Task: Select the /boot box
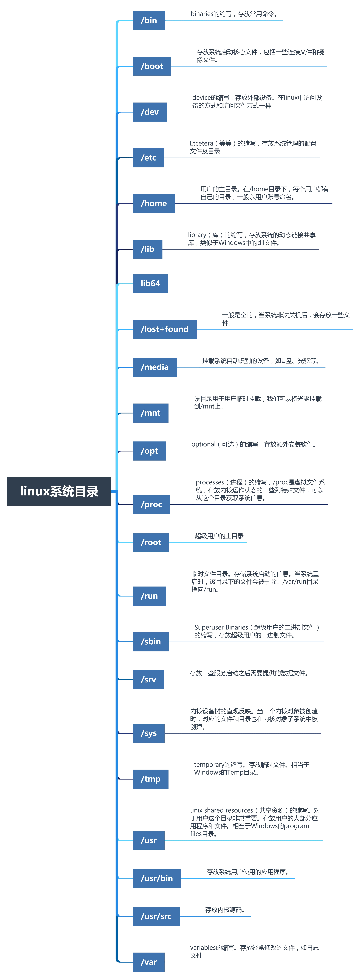click(x=151, y=66)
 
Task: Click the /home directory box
click(x=154, y=203)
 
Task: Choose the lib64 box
click(x=150, y=283)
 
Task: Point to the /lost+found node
click(x=164, y=329)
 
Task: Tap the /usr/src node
click(x=156, y=916)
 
